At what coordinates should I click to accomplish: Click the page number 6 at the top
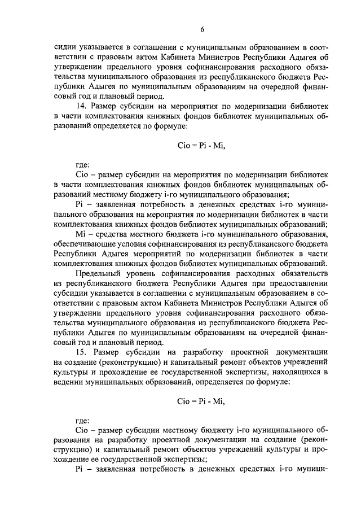tap(201, 30)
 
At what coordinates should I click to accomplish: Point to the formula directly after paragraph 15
tap(201, 401)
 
